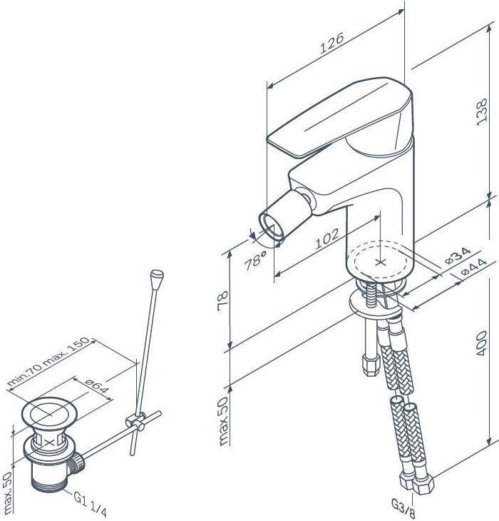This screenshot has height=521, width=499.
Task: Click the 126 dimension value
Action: (331, 43)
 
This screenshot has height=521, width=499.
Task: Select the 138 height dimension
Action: (482, 112)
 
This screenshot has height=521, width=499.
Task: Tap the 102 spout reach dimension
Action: (327, 238)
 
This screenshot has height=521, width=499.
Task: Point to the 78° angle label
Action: (254, 260)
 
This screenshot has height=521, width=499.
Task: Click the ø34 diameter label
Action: (458, 256)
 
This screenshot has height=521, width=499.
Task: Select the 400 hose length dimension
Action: (481, 343)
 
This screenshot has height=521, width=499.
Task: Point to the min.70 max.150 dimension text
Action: (48, 362)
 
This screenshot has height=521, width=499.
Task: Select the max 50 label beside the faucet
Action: (223, 421)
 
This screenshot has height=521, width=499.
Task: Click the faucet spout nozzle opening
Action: (271, 226)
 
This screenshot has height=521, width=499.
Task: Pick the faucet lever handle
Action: (339, 116)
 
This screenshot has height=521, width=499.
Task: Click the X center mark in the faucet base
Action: (380, 262)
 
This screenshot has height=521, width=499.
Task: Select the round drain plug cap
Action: (49, 414)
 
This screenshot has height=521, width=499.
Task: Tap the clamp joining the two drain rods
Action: (135, 420)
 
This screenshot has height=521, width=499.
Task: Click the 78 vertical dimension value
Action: (223, 300)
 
